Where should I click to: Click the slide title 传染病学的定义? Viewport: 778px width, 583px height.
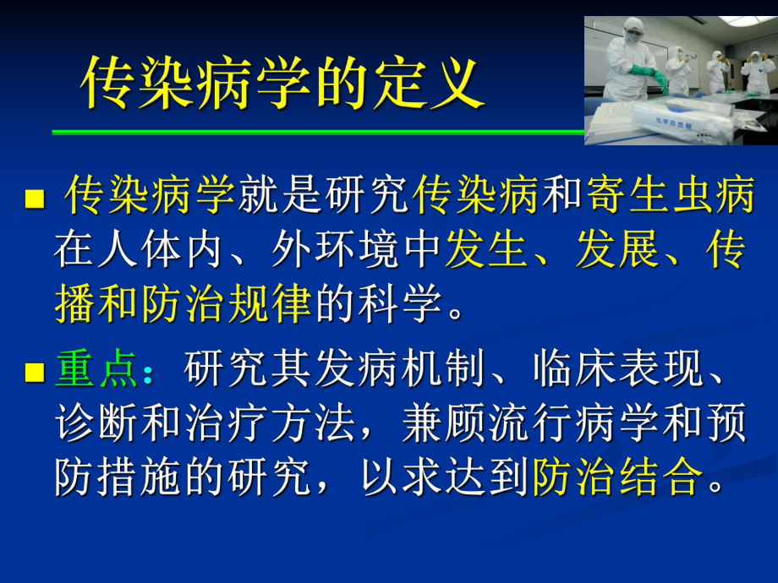282,84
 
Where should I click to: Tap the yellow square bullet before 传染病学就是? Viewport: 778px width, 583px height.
35,200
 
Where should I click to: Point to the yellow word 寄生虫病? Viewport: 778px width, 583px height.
669,198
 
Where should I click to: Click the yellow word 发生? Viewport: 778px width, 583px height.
486,251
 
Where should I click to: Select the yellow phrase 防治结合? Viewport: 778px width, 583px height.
616,477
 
